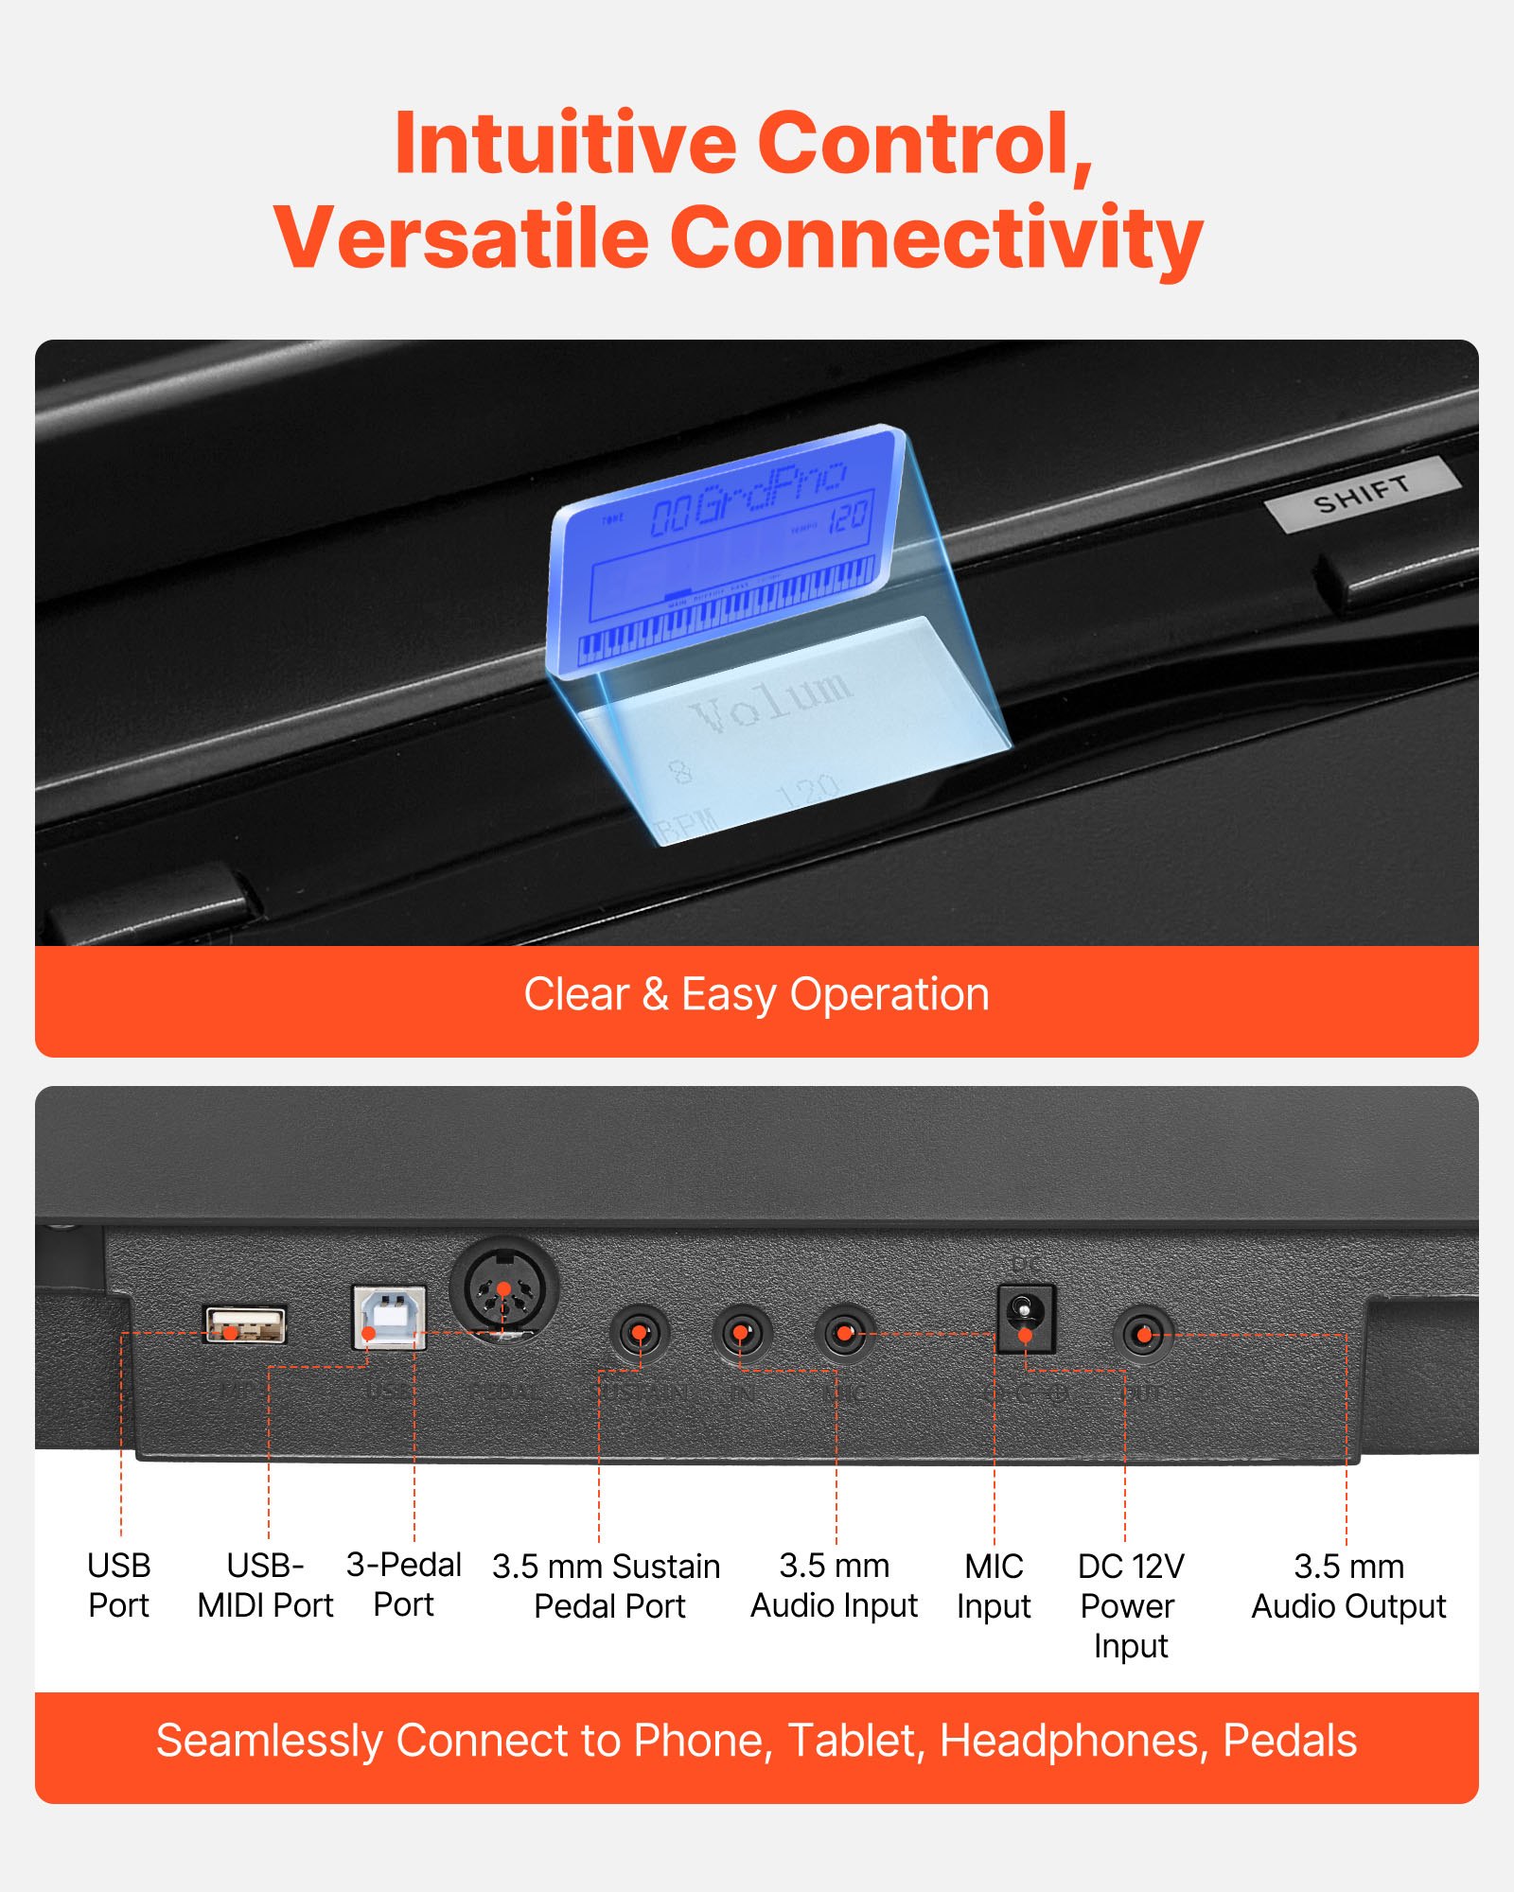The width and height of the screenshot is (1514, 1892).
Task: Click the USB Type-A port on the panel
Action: coord(245,1324)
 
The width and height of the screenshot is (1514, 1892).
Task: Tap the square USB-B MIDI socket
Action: coord(389,1317)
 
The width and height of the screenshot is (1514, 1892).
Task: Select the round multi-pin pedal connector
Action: coord(504,1289)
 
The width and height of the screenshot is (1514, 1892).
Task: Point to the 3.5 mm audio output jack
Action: coord(1143,1335)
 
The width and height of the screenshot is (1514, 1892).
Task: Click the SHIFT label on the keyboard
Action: coord(1362,494)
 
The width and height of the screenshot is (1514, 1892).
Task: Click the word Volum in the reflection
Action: coord(771,700)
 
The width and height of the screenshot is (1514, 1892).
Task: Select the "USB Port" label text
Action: coord(119,1585)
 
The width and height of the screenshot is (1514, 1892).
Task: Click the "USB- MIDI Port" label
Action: coord(266,1585)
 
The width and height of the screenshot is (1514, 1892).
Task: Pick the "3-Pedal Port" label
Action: coord(404,1585)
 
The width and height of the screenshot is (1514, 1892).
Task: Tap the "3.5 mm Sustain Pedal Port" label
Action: coord(607,1586)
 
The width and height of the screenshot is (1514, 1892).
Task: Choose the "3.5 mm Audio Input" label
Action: coord(834,1585)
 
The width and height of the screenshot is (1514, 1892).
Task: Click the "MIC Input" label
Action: coord(994,1586)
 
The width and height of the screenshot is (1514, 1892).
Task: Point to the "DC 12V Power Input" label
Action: coord(1131,1605)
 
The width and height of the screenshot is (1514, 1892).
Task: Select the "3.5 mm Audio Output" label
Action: coord(1348,1586)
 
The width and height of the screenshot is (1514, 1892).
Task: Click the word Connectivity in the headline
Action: coord(937,236)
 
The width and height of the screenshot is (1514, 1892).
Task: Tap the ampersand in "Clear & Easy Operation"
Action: coord(655,994)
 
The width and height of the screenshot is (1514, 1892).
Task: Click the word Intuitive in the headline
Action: coord(565,144)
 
